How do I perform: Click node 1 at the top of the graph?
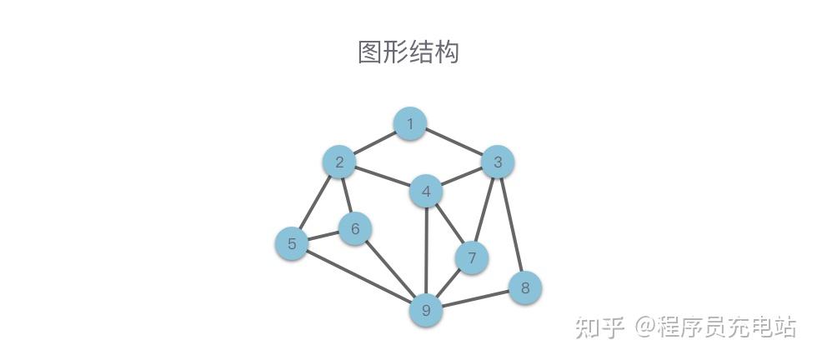coord(409,124)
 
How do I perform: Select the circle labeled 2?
coord(339,162)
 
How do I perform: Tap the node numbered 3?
coord(498,162)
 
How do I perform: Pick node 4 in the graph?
coord(426,192)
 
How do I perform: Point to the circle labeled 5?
coord(292,243)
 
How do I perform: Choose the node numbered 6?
coord(355,228)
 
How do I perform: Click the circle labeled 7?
coord(472,257)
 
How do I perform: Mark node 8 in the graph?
coord(524,288)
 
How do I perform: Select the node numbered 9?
coord(426,311)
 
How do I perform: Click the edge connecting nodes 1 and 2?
coord(374,143)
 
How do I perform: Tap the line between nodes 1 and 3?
coord(454,142)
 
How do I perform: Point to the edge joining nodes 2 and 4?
coord(383,177)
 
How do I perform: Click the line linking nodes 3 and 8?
coord(511,225)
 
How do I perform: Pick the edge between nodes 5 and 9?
coord(358,277)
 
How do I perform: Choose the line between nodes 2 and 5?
coord(316,202)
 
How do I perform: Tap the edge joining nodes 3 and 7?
coord(485,209)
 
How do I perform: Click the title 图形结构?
coord(408,52)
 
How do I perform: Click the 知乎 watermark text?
coord(599,327)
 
